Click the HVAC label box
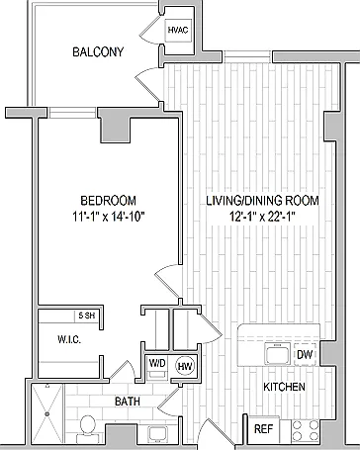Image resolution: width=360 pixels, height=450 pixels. (x=178, y=30)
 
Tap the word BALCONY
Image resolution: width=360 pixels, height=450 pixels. (x=98, y=52)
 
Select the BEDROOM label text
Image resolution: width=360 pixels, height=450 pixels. (x=108, y=201)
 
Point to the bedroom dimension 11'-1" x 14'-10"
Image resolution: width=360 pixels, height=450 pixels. (x=109, y=217)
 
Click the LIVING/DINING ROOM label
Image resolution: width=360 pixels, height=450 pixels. (x=262, y=201)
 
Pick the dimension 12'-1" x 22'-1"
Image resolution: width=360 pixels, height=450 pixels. (x=262, y=217)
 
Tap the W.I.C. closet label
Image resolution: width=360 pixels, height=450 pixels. (x=69, y=339)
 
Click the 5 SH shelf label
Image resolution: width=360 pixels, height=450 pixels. (x=86, y=315)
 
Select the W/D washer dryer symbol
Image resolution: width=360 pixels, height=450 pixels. (x=157, y=368)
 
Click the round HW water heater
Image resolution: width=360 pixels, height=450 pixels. (x=185, y=366)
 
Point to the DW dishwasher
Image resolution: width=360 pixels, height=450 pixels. (x=305, y=354)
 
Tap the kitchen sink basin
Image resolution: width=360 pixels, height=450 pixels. (x=277, y=354)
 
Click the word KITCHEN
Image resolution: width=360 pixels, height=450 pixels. (x=284, y=387)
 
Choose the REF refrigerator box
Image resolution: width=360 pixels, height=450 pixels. (x=264, y=429)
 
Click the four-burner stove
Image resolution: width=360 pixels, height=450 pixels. (x=306, y=430)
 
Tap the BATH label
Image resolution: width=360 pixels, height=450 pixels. (x=128, y=402)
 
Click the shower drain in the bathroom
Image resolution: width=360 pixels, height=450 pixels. (x=47, y=413)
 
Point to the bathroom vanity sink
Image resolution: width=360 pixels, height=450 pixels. (x=157, y=433)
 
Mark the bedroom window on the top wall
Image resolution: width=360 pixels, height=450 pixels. (x=72, y=113)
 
